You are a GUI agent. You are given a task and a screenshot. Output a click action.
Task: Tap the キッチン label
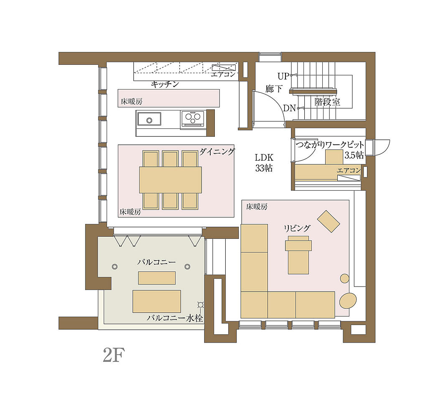165,84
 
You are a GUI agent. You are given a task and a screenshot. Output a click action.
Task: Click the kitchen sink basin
149,119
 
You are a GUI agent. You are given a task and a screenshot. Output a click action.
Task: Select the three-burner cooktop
193,118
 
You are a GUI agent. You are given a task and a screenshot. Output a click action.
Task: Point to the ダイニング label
217,151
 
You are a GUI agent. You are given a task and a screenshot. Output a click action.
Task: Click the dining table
171,180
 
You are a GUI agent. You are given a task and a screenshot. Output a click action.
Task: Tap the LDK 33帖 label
264,163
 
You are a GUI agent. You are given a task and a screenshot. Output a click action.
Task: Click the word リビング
297,228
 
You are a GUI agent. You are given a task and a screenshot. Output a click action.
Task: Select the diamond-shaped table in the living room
329,221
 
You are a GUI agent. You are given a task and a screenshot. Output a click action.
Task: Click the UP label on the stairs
283,76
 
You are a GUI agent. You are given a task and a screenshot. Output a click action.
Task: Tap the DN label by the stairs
289,108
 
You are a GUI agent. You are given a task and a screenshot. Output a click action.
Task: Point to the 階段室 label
327,102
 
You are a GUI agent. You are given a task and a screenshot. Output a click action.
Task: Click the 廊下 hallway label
274,89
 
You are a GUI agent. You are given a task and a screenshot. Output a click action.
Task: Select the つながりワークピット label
330,145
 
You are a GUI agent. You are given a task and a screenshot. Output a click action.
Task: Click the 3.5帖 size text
354,155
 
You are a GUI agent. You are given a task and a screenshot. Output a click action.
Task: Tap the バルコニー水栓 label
175,318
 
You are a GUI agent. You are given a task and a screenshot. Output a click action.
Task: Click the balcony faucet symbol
201,305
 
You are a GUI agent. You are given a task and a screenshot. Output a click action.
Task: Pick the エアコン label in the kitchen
223,74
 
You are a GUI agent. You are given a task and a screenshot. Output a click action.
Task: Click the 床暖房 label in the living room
257,207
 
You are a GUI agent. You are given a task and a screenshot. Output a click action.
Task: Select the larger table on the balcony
157,301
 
